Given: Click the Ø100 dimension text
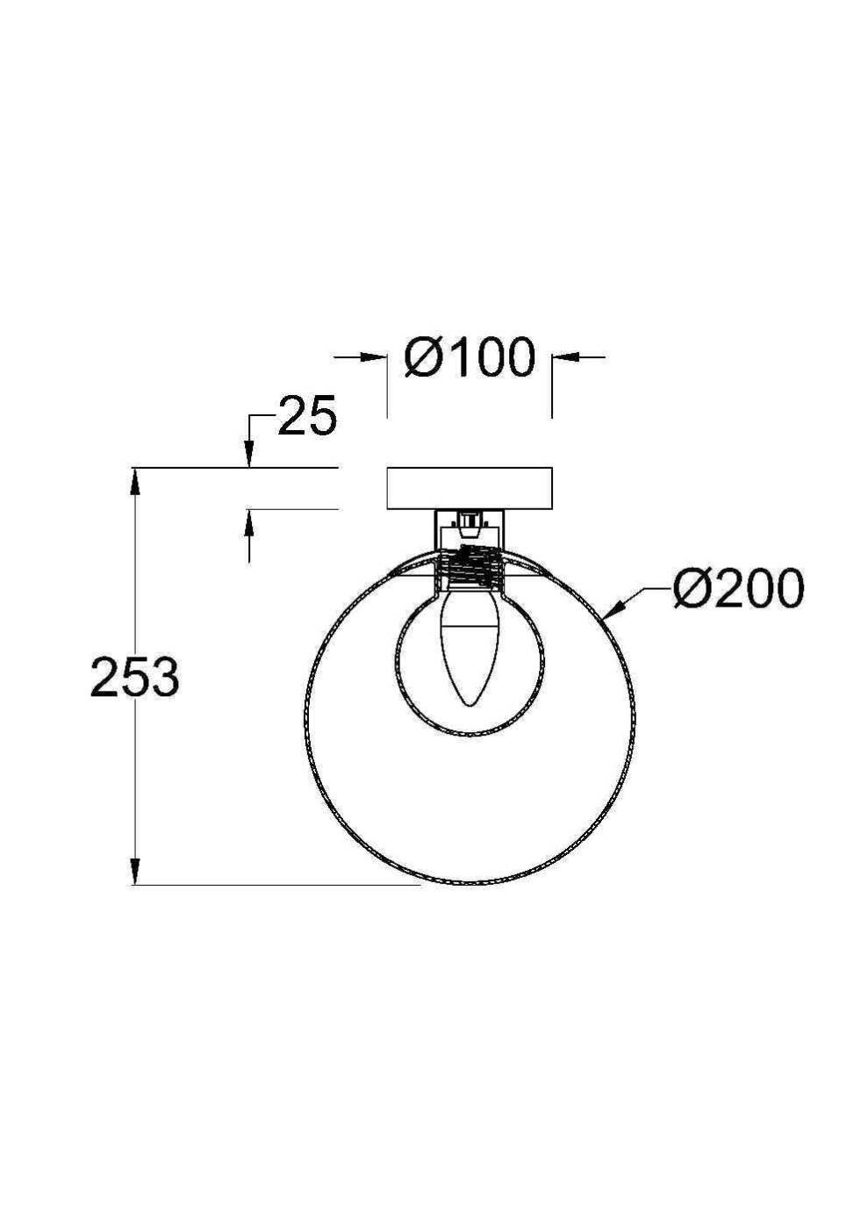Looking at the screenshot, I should tap(470, 357).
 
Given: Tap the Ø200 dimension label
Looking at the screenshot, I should tap(737, 588).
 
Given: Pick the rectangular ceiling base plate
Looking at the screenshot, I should tap(470, 488).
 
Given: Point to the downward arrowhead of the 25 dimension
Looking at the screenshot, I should tap(249, 456).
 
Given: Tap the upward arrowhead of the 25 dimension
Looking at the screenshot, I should tap(249, 521).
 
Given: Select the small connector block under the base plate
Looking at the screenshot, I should tap(470, 525).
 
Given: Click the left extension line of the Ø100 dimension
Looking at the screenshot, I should tap(387, 386).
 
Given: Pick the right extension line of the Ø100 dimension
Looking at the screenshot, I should tap(552, 386).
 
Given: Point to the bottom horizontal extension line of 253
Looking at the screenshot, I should tap(281, 884).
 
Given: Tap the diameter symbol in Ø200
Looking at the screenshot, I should tap(690, 588).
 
